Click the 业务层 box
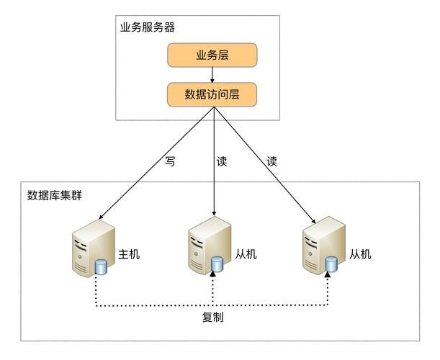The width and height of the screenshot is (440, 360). coord(212,55)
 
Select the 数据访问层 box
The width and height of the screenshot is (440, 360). coord(212,94)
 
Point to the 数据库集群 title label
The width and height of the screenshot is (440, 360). coord(55,195)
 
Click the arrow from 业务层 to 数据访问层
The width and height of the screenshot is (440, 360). coord(212,75)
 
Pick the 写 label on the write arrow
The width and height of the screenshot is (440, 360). coord(170,162)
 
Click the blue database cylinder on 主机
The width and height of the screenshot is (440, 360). coord(101,268)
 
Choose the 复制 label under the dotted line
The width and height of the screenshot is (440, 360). coord(212,317)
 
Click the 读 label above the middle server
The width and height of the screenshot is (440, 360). coord(222,162)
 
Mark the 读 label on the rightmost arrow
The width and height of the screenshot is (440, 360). coord(271,162)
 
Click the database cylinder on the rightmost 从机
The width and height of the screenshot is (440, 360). coord(330,264)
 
